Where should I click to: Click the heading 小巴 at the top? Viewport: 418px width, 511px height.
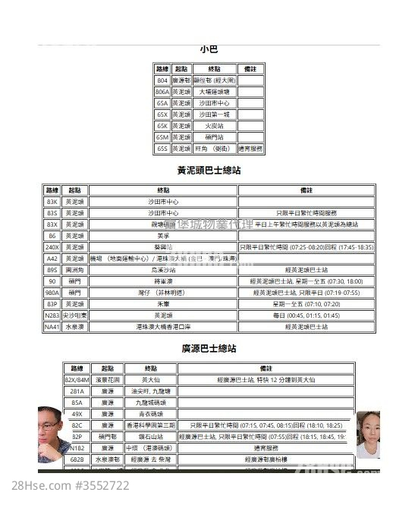[209, 49]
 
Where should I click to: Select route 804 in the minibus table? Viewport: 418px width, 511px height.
[162, 80]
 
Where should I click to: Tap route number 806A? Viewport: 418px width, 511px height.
[162, 91]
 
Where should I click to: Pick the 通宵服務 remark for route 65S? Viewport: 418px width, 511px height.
[250, 149]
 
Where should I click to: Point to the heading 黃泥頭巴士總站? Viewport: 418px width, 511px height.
[209, 171]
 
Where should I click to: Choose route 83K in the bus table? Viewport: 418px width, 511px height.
[52, 202]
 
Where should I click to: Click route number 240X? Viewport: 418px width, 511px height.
[52, 247]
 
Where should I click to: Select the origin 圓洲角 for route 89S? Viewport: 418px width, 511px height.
[74, 269]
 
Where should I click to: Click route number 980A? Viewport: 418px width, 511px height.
[52, 292]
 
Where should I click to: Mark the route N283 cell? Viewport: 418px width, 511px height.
[52, 315]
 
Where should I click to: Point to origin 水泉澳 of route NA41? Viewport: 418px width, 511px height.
[74, 326]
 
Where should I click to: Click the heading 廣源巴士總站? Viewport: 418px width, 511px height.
[209, 349]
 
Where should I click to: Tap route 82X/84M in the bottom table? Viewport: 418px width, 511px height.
[77, 380]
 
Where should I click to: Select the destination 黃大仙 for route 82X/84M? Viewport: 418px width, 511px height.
[149, 380]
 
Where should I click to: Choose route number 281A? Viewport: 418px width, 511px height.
[77, 391]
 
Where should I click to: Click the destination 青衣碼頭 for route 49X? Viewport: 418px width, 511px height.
[149, 414]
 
